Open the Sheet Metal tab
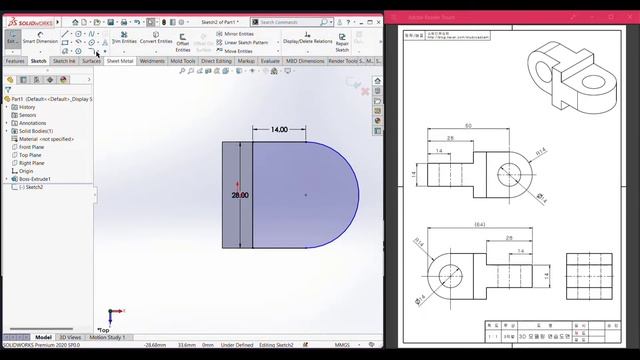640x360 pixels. [x=120, y=61]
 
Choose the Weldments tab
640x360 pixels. [x=152, y=61]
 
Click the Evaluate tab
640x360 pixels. [x=270, y=61]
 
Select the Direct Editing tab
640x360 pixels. [x=216, y=61]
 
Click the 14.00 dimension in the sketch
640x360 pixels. [x=278, y=129]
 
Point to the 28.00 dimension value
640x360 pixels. [x=240, y=195]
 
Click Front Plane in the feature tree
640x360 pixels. [x=32, y=147]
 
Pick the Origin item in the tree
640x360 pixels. [x=26, y=171]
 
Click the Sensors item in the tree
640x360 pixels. [x=27, y=115]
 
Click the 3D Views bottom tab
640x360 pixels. [x=69, y=337]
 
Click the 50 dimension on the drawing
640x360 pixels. [x=467, y=126]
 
